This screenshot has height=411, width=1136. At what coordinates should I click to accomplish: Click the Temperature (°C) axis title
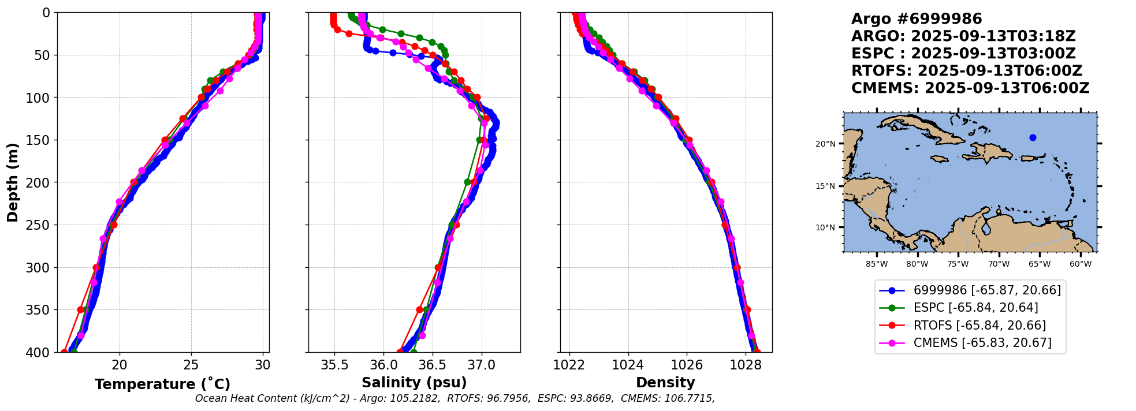(x=162, y=384)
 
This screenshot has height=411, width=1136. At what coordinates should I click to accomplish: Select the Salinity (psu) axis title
(x=414, y=383)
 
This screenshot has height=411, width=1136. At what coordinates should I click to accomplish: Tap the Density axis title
(x=665, y=383)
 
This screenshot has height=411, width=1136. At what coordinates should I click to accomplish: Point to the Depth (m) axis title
(x=13, y=182)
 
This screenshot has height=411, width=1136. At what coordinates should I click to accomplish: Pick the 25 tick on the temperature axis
(x=191, y=365)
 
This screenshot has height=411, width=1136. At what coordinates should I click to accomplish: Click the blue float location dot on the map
(x=1033, y=137)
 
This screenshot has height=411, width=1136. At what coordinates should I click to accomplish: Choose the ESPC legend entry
(x=970, y=308)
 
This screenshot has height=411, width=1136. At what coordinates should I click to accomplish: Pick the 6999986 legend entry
(x=970, y=290)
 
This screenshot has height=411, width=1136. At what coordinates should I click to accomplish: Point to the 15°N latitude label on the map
(x=825, y=186)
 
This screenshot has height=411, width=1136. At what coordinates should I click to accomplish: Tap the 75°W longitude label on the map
(x=958, y=264)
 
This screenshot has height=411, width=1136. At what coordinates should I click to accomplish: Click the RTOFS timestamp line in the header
(x=967, y=71)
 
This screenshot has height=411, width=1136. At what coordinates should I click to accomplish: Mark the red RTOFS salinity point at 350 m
(x=419, y=309)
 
